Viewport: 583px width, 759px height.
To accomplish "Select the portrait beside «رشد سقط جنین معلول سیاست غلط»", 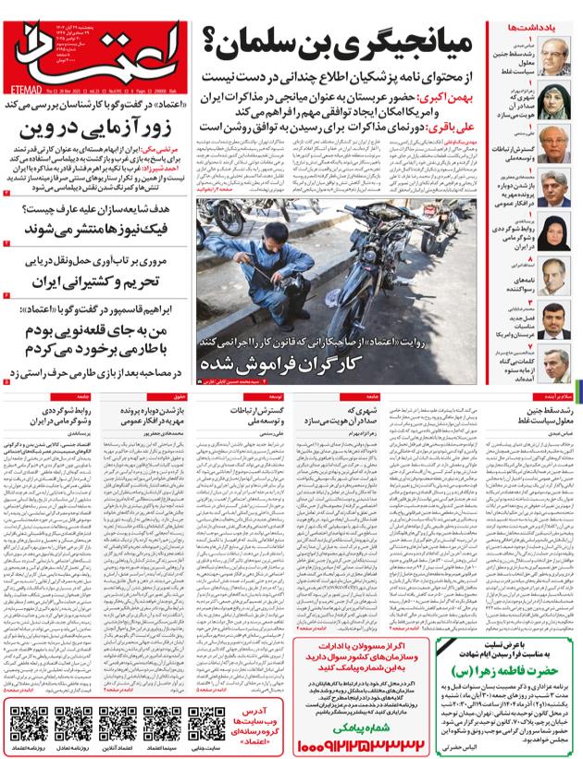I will point(555,54).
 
